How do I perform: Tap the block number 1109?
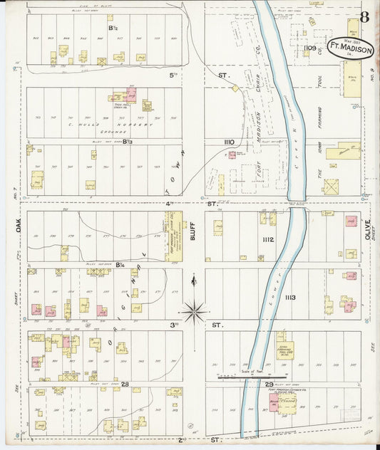pos(309,48)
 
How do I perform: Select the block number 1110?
pos(228,142)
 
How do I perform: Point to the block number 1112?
pos(268,239)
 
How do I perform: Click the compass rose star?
pos(194,310)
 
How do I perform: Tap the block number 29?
pos(257,384)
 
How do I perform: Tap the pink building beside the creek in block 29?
pos(272,404)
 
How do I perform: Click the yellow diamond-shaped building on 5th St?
pos(235,88)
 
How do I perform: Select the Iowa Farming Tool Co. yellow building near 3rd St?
pos(284,349)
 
